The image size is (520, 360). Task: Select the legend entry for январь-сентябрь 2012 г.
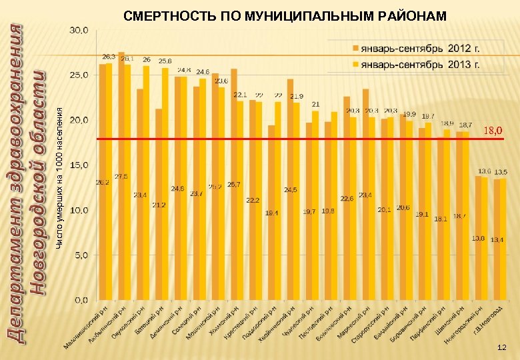[420, 49]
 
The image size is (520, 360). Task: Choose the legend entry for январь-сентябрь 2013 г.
[420, 65]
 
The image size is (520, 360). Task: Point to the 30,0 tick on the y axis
[80, 30]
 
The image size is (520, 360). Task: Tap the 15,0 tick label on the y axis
[80, 165]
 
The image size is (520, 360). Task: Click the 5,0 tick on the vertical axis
[81, 255]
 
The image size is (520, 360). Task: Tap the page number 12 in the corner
[502, 348]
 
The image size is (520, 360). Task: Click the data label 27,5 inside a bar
[121, 177]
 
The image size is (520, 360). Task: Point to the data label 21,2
[159, 205]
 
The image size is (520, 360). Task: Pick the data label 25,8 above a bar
[165, 61]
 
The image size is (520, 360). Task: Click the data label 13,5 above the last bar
[501, 172]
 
